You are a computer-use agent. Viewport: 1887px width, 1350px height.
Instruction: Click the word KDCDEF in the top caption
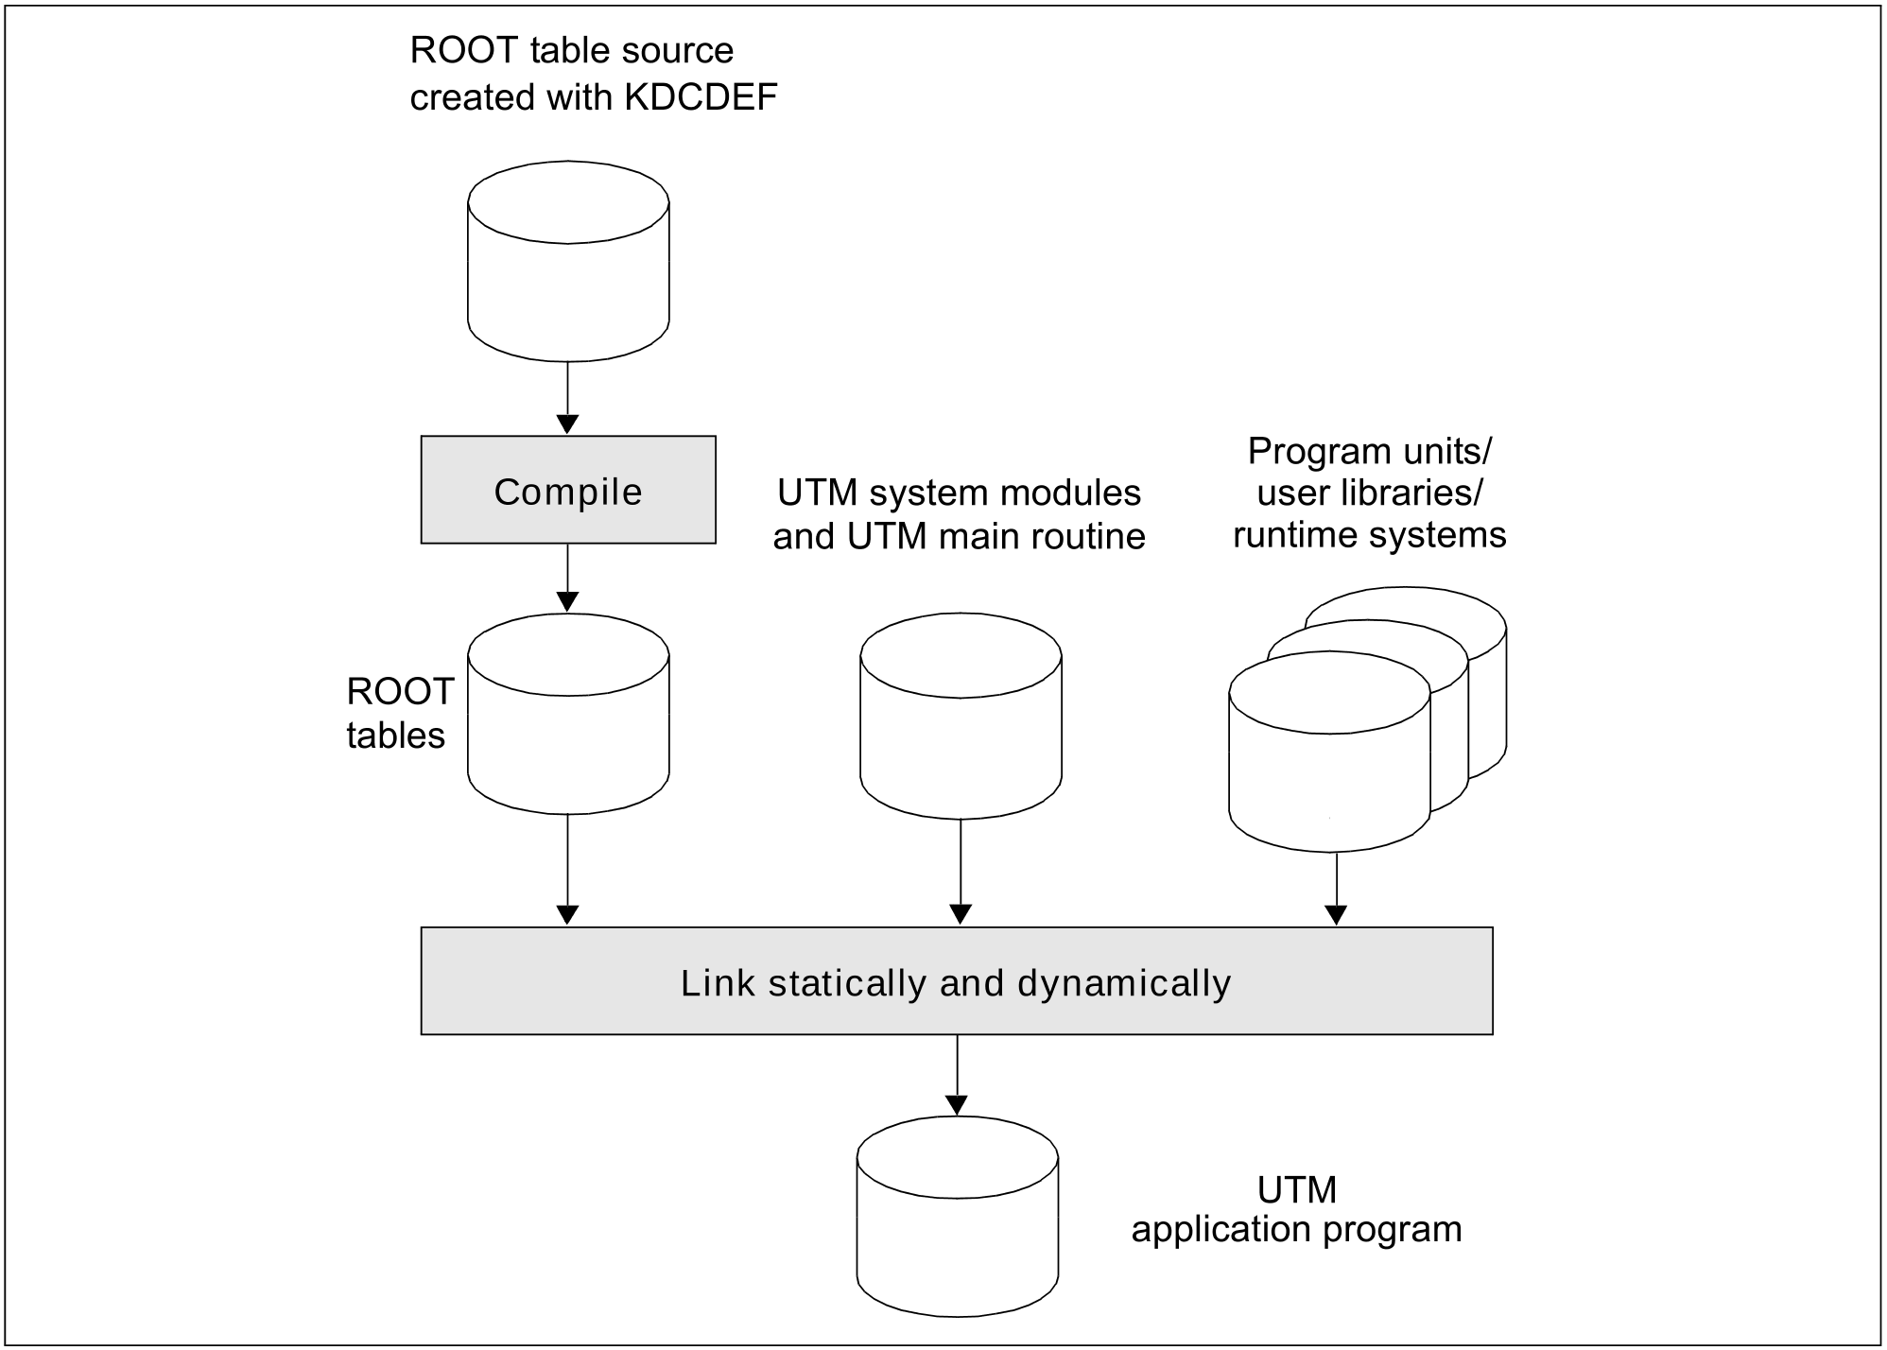point(701,97)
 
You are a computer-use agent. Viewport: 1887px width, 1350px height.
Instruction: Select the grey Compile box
point(568,490)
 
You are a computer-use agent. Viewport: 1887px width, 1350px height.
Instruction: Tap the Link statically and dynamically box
point(956,981)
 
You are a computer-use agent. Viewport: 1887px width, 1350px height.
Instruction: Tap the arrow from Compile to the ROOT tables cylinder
point(567,578)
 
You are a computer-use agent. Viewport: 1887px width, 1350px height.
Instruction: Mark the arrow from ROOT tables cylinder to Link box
point(567,869)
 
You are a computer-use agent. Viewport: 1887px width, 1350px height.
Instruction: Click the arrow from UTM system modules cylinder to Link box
point(961,871)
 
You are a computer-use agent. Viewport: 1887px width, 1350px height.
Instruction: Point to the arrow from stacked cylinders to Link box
point(1336,888)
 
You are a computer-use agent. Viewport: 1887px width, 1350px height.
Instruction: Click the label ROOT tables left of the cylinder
point(400,714)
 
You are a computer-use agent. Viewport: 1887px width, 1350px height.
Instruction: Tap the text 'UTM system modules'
point(959,493)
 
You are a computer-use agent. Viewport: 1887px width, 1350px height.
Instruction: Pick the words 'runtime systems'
point(1369,535)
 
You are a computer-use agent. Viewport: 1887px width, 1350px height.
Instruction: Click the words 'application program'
point(1296,1229)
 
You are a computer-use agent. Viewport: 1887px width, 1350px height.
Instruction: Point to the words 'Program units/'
point(1369,451)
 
